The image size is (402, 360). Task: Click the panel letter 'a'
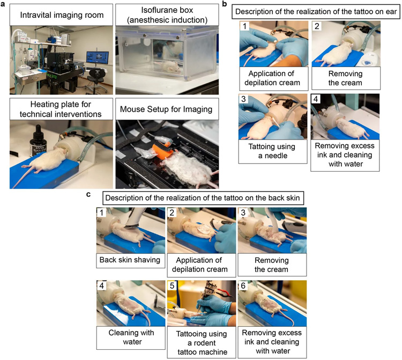coord(3,4)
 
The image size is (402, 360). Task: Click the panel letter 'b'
coord(225,4)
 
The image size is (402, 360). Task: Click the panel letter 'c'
coord(88,194)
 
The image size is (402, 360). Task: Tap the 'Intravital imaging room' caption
coord(62,15)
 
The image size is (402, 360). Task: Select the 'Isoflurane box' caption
coord(167,15)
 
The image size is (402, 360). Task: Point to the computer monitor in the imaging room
coord(95,58)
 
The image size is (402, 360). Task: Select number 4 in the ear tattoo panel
coord(316,99)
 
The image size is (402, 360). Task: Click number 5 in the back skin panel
coord(172,285)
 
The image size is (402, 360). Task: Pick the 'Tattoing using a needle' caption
coord(272,151)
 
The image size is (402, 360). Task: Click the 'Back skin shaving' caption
coord(130,260)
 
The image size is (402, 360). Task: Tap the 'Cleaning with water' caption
coord(131,337)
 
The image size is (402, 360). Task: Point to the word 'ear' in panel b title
coord(391,12)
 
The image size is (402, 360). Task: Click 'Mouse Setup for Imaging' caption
coord(166,109)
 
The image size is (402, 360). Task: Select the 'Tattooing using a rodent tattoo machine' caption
coord(202,343)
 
